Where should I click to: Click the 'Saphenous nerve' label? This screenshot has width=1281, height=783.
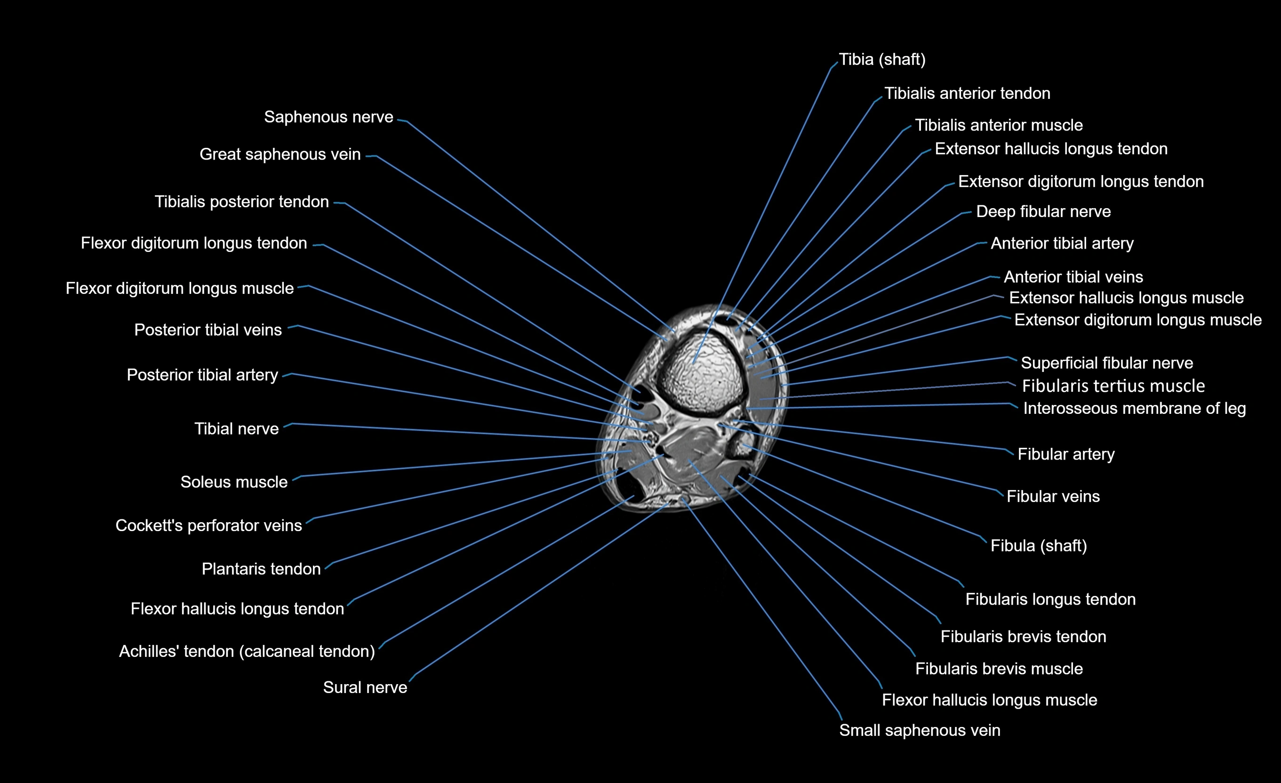[328, 117]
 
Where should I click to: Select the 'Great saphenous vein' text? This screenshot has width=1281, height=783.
[280, 154]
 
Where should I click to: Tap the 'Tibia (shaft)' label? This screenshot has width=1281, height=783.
[882, 60]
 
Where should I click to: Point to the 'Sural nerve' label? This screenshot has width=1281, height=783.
[365, 687]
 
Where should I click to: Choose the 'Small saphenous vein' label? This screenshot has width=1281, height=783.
[919, 730]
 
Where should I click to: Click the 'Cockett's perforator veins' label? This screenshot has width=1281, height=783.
[208, 525]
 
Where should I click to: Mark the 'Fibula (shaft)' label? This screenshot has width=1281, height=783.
[1038, 545]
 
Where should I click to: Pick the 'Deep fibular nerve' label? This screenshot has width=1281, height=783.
[1043, 212]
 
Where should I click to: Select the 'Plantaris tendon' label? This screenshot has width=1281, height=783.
[261, 569]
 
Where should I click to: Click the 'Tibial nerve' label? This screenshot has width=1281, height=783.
[237, 429]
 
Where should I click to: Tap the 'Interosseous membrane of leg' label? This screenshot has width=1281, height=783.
[1134, 408]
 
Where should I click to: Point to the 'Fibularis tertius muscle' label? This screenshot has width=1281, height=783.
[1113, 386]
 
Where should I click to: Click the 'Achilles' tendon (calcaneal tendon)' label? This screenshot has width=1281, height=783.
[247, 651]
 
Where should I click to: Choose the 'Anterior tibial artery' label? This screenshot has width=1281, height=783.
[1062, 243]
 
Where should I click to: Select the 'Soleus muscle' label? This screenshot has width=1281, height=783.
[234, 482]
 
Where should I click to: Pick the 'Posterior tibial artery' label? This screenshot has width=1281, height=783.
[202, 375]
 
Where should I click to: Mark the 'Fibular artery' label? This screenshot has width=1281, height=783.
[1066, 454]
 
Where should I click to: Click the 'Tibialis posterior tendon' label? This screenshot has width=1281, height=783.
[242, 202]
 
